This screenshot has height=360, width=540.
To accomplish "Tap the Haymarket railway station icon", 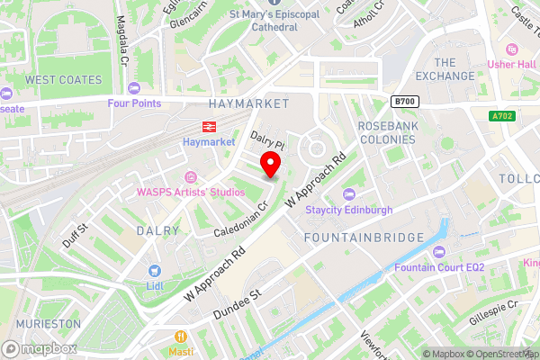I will point(208,126).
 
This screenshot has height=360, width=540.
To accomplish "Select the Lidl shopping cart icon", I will point(155,269).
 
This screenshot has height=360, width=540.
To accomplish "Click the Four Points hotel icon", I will point(134,87).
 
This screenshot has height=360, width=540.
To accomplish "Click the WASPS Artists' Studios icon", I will point(189,176).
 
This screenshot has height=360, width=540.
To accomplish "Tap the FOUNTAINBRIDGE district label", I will point(364,237).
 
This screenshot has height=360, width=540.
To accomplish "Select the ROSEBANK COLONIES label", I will point(387,132).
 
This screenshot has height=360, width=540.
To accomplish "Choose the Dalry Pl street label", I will point(267,141).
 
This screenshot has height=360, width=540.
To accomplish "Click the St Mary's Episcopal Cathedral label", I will point(263,21).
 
